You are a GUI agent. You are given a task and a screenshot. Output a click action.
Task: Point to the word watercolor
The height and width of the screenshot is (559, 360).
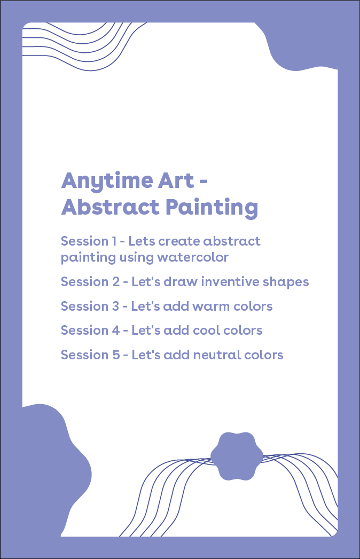pos(193,257)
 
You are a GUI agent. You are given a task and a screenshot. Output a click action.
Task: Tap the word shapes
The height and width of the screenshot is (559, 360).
pos(288,282)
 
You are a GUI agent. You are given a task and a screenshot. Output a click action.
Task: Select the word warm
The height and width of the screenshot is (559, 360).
pos(209,306)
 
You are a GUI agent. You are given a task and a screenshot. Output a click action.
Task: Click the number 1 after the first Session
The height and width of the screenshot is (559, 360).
pos(115,241)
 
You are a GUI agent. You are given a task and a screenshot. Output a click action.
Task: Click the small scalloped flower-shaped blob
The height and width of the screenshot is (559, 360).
pos(237,456)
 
